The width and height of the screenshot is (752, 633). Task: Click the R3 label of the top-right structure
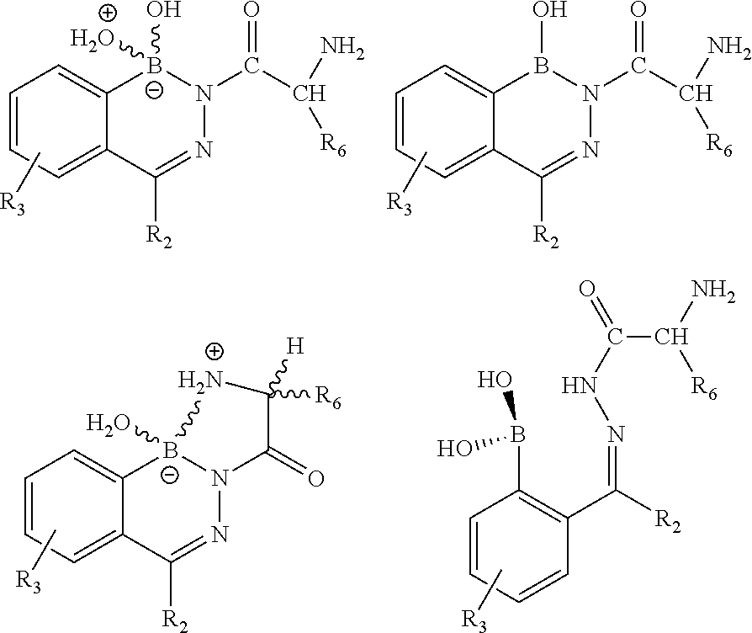401,203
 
